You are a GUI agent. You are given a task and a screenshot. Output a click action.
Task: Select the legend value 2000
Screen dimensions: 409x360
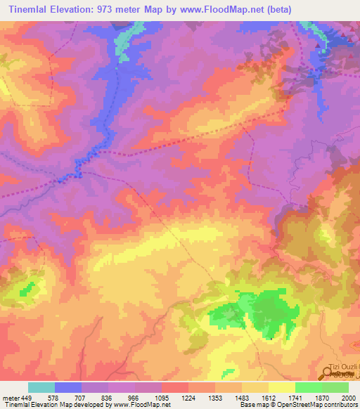pos(348,398)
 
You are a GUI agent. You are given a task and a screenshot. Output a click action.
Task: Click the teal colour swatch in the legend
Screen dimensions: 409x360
pos(41,387)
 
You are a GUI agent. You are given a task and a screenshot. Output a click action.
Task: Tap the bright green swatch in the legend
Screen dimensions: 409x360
pos(308,387)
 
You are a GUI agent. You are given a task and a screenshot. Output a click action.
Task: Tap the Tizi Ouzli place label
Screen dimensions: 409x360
pos(344,368)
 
